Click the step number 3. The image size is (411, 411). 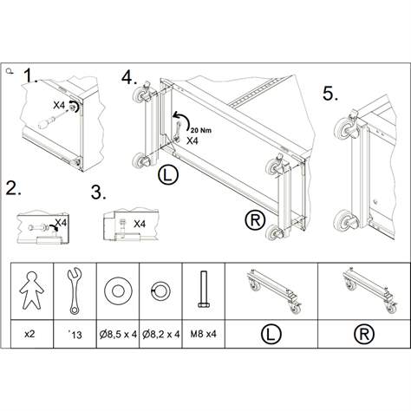click(100, 192)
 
